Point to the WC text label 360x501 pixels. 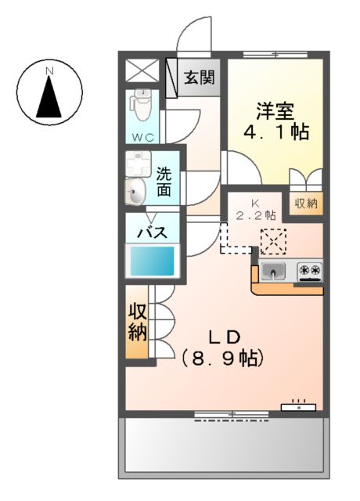pyautogui.click(x=142, y=137)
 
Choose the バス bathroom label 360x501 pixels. pyautogui.click(x=153, y=232)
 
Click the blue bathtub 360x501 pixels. pyautogui.click(x=153, y=261)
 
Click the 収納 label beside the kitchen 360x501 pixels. pyautogui.click(x=306, y=204)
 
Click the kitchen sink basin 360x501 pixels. pyautogui.click(x=274, y=272)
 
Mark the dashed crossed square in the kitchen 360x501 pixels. pyautogui.click(x=274, y=241)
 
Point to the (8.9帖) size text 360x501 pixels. pyautogui.click(x=223, y=359)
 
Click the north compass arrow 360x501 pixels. pyautogui.click(x=49, y=97)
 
